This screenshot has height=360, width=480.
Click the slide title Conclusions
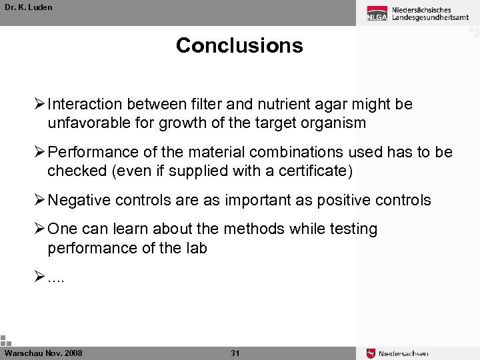click(x=239, y=45)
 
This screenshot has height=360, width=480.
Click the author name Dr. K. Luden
click(x=28, y=7)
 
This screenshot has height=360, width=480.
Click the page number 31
click(x=235, y=353)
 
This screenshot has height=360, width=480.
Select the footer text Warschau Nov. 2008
click(x=43, y=353)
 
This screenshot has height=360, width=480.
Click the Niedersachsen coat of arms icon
click(x=371, y=353)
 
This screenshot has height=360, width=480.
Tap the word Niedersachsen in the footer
click(x=403, y=353)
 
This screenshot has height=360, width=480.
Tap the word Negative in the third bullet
click(x=76, y=201)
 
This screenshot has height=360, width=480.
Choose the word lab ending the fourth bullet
click(x=196, y=248)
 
